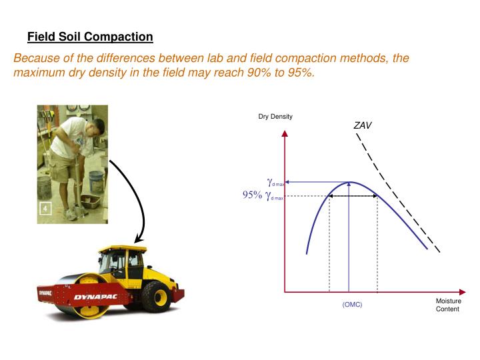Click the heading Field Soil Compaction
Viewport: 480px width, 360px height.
tap(90, 37)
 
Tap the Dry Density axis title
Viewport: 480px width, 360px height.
tap(275, 117)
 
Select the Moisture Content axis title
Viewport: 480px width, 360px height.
tap(448, 305)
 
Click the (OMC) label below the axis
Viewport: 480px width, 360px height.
tap(352, 305)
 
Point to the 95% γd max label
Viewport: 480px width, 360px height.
tap(263, 196)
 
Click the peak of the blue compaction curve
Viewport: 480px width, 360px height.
tap(349, 182)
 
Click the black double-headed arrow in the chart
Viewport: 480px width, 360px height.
tap(353, 196)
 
